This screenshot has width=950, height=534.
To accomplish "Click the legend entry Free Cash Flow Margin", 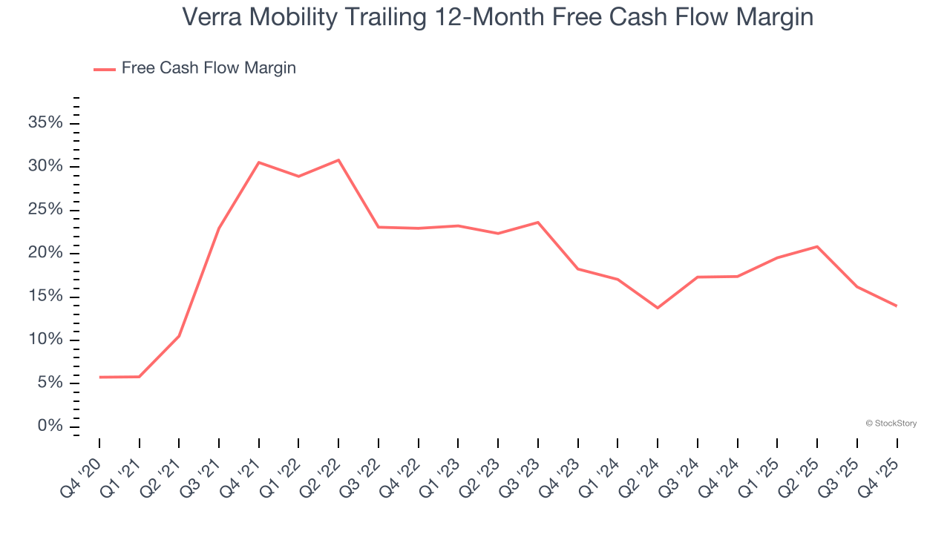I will pos(209,68).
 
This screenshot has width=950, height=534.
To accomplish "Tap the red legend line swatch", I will pos(105,69).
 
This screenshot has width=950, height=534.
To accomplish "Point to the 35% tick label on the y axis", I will pos(45,122).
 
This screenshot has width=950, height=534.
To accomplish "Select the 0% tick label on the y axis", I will pos(50,426).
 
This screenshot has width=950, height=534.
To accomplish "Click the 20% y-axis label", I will pos(45,253).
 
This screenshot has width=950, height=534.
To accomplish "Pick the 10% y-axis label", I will pos(45,340).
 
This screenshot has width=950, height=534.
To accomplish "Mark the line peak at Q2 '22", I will pos(338,160).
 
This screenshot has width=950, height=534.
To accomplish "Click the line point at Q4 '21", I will pos(259,162).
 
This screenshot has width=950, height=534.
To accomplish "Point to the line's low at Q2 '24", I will pos(658,308).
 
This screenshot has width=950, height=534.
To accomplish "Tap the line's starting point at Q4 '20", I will pos(99,377).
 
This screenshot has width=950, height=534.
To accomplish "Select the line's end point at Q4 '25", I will pos(897,306).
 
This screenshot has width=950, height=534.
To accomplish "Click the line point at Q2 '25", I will pos(817,246).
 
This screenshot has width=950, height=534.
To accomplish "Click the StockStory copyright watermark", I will pos(891,423).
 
